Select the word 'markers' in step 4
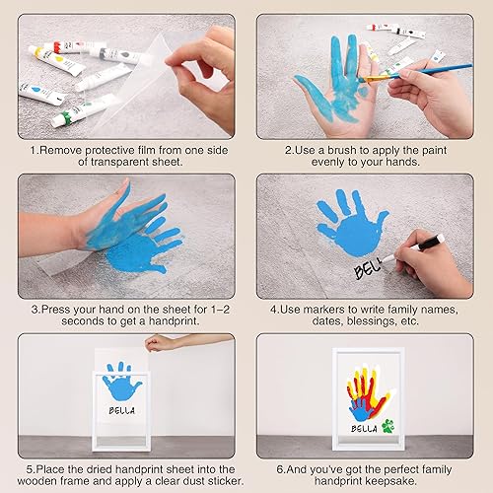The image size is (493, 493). (x=327, y=308)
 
